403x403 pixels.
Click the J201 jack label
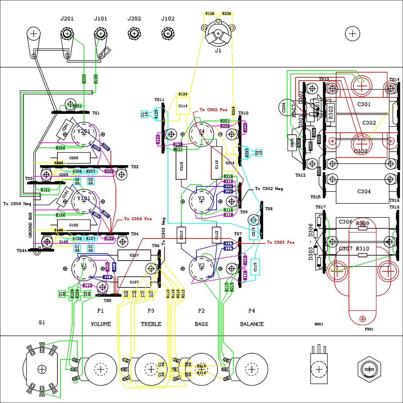coord(67,19)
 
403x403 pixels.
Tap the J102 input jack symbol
coord(168,33)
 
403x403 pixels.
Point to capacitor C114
coord(183,106)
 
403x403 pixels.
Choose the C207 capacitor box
coord(134,255)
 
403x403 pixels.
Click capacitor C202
coord(74,158)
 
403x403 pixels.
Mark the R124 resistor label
coord(183,94)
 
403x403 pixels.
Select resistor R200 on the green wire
coord(84,79)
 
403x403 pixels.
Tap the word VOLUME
coord(101,324)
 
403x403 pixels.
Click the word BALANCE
coord(252,324)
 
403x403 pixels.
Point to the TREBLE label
coord(151,324)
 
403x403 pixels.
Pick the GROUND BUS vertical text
coord(30,225)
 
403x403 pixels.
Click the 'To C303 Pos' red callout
coord(280,242)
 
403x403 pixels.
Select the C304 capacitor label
coord(364,191)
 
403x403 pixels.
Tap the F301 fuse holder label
coord(369,329)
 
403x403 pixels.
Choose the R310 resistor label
coord(362,249)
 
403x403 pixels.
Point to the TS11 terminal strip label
coord(159,100)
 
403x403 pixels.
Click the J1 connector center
coord(218,34)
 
